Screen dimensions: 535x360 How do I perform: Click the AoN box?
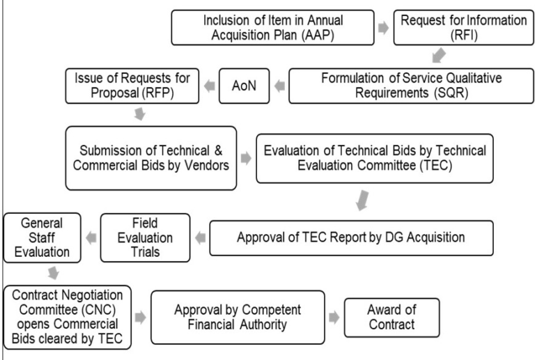(244, 86)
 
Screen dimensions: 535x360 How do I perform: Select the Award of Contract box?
(391, 318)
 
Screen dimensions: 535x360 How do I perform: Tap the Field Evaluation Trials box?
(145, 237)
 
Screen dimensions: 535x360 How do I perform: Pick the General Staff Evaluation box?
(42, 237)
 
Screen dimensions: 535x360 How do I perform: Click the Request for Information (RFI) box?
(463, 28)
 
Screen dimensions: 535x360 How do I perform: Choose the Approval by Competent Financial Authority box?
(238, 318)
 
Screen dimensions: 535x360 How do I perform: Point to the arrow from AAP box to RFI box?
(384, 28)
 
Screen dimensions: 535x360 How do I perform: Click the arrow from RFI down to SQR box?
(439, 55)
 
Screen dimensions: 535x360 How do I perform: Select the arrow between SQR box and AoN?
(279, 86)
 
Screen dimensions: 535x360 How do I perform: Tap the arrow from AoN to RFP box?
(210, 86)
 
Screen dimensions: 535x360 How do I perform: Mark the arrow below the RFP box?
(139, 114)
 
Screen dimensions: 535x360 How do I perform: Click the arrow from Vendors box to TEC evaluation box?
(246, 158)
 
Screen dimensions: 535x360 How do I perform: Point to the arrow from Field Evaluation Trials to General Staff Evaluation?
(91, 237)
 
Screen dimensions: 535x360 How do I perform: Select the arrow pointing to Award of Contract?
(334, 318)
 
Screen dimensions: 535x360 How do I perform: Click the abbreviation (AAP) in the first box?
(318, 35)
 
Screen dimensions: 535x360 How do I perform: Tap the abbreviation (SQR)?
(451, 93)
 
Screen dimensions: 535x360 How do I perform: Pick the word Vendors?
(207, 165)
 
